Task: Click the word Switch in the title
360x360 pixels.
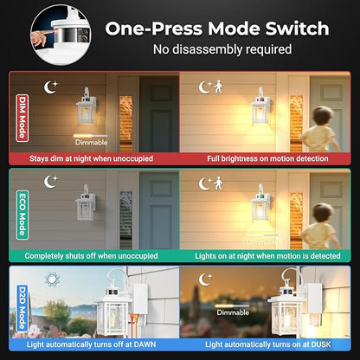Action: (297, 29)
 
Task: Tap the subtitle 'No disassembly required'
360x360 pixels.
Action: (222, 49)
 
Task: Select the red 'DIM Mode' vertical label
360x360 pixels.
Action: (22, 118)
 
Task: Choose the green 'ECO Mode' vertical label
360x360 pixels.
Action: (22, 215)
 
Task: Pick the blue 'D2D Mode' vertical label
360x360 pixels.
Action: (22, 308)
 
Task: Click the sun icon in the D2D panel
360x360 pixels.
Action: (52, 279)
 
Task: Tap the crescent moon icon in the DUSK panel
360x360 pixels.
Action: (205, 280)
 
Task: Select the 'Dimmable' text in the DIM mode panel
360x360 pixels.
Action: (91, 142)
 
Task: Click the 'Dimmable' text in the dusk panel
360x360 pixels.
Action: (233, 312)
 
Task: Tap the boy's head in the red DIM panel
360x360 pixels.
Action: (323, 115)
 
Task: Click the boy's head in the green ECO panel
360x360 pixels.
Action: (323, 213)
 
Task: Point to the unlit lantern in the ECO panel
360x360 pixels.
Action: (86, 202)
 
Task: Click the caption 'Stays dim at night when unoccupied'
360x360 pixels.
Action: (91, 158)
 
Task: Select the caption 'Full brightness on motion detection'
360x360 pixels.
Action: (267, 158)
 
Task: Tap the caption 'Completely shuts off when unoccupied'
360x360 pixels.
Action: (91, 255)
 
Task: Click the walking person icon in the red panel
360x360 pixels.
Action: (219, 87)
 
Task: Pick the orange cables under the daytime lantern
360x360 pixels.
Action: (134, 325)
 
